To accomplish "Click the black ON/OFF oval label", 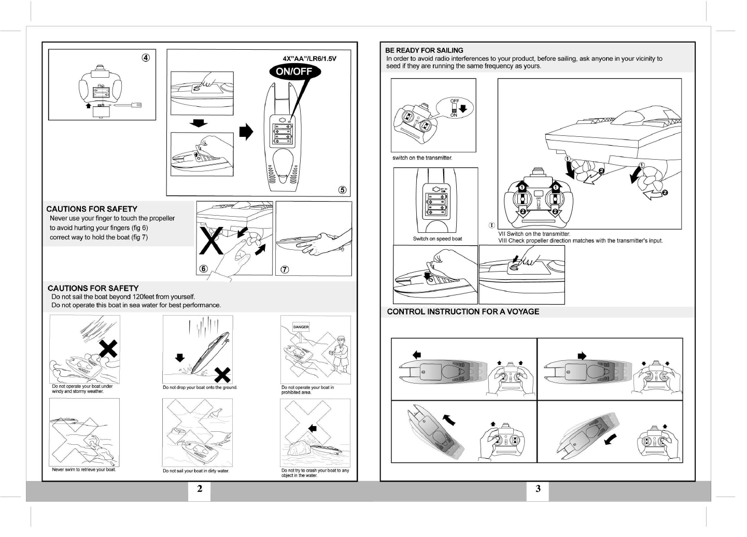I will point(294,72).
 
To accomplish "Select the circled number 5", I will point(342,190).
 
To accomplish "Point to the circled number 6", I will point(204,269).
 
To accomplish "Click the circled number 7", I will point(284,269).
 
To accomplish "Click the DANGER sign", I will point(301,327).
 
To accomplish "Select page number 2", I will point(200,489).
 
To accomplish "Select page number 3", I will point(538,489).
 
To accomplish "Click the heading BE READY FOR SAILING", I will point(424,50).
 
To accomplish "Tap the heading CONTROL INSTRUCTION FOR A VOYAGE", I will point(463,312).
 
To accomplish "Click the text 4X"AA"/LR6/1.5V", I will point(309,59).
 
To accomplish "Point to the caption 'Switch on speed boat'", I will point(437,239).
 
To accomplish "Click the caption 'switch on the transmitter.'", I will point(422,158).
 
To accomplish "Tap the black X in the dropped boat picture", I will point(223,374).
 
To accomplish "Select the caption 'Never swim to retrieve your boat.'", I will point(84,470).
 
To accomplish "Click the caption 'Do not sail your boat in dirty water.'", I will point(195,471).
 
